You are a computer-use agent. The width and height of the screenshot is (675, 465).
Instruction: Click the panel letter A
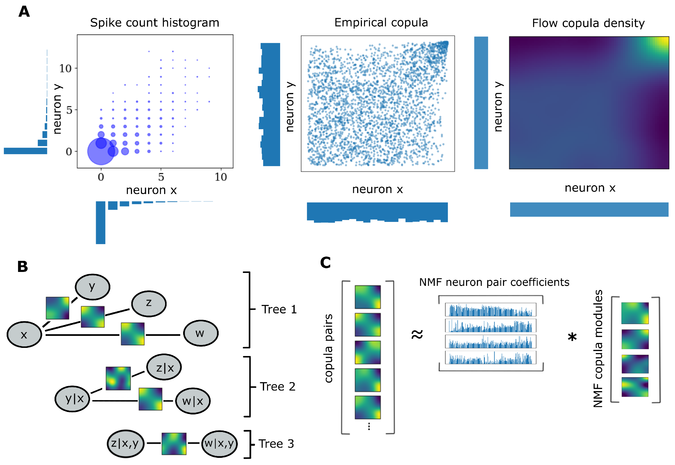click(x=24, y=12)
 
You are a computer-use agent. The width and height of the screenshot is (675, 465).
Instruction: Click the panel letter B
click(x=22, y=266)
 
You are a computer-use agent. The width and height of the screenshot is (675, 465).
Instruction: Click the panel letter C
click(x=325, y=262)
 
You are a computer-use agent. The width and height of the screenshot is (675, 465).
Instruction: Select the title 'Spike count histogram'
click(x=154, y=23)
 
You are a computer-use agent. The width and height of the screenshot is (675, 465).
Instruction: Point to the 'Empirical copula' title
click(x=381, y=22)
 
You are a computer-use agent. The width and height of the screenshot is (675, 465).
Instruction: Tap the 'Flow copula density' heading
click(x=588, y=23)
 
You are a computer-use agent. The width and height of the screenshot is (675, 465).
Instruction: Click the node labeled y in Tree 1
click(x=93, y=287)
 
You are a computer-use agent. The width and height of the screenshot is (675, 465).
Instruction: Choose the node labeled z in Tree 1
click(x=149, y=304)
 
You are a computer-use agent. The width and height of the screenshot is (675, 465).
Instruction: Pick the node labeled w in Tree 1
click(x=200, y=333)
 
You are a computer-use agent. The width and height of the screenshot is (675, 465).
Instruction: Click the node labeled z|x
click(x=164, y=367)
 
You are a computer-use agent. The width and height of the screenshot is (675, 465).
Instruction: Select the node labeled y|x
click(x=72, y=399)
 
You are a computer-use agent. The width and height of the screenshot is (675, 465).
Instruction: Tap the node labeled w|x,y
click(x=219, y=444)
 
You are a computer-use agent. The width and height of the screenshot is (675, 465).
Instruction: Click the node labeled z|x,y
click(x=125, y=444)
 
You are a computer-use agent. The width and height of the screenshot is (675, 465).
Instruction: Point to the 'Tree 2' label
click(x=277, y=387)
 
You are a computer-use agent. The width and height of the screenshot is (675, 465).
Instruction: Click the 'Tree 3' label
click(x=276, y=444)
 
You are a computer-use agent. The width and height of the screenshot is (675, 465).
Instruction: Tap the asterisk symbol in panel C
click(x=572, y=337)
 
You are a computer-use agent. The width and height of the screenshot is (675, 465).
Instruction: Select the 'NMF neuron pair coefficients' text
click(x=494, y=282)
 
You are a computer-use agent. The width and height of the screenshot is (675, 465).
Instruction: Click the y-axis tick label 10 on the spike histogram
click(x=65, y=69)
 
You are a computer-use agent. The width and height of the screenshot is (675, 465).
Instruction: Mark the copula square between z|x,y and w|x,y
click(x=174, y=444)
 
